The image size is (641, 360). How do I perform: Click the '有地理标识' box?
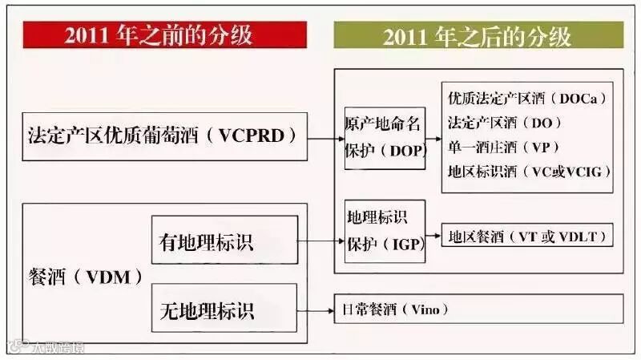click(224, 240)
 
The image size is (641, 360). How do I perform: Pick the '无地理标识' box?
click(224, 308)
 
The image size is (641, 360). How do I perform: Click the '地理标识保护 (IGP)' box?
click(383, 230)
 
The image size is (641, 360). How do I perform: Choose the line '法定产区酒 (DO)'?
click(504, 123)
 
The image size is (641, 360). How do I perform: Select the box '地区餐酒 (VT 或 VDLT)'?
click(527, 237)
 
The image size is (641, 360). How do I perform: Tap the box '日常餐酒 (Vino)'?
click(478, 309)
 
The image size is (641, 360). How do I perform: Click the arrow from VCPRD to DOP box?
click(325, 137)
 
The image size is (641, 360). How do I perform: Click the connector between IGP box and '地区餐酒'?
click(433, 237)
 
